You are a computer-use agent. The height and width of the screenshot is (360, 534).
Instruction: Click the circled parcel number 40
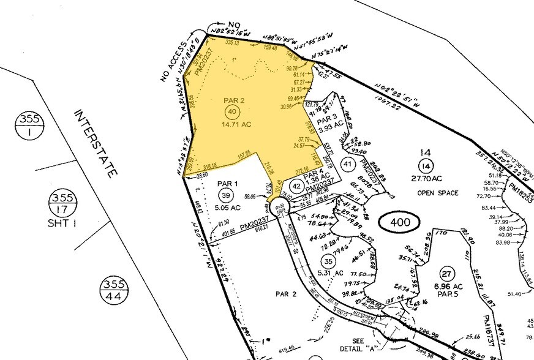pyautogui.click(x=231, y=112)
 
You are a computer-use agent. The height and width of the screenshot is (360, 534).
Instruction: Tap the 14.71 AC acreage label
pyautogui.click(x=233, y=124)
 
